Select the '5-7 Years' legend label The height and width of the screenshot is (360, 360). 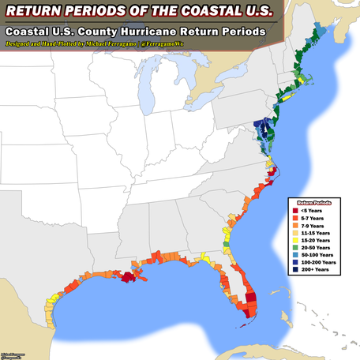pos(310,218)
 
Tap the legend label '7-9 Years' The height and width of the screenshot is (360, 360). pos(310,225)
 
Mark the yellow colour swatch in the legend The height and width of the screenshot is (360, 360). pos(294,240)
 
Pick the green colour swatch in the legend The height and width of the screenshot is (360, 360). pos(294,247)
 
